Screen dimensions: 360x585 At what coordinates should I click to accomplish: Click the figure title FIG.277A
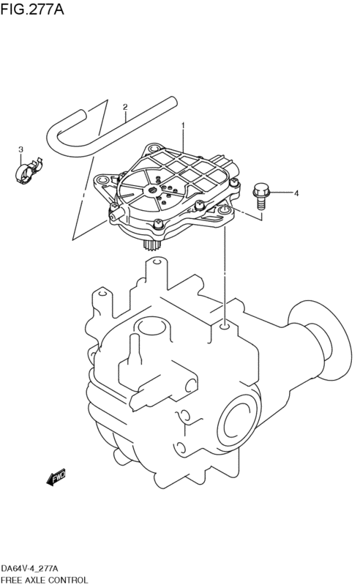click(x=32, y=9)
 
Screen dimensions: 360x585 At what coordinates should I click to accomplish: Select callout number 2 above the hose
click(x=125, y=107)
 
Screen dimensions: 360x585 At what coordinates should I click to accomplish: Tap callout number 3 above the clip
click(x=21, y=149)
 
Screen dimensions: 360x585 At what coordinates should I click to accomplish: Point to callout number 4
click(x=296, y=193)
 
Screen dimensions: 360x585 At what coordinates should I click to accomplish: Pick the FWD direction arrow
click(x=56, y=477)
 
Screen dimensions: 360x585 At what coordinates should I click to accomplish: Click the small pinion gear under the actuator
click(x=150, y=246)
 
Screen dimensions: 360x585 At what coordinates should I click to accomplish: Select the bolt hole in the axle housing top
click(x=225, y=327)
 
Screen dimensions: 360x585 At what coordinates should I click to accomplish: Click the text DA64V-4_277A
click(x=30, y=569)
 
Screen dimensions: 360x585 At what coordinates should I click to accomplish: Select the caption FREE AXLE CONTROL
click(x=45, y=580)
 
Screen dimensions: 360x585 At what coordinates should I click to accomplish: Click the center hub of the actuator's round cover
click(x=153, y=191)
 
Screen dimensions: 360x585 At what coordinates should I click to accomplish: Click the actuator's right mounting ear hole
click(x=224, y=212)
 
